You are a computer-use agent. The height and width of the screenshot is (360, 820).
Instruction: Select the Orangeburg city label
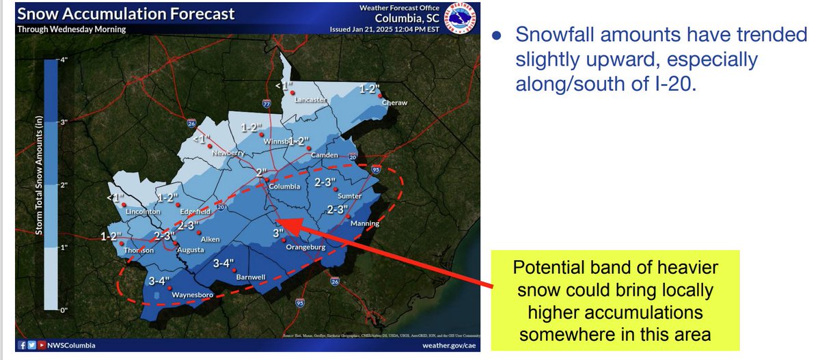(305, 247)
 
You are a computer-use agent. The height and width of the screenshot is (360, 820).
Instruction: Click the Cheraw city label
(394, 102)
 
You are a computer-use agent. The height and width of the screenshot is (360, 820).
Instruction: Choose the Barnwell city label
(250, 277)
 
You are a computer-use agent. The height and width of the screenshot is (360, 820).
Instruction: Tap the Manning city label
(364, 223)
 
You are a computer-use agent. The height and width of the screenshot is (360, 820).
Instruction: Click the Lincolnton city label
(143, 211)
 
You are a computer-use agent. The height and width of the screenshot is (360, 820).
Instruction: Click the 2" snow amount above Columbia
(261, 171)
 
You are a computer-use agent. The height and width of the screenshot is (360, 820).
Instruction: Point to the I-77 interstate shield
(266, 104)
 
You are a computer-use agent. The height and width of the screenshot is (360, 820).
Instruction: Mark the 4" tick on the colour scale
(65, 59)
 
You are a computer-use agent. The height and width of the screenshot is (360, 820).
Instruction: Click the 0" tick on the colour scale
(65, 310)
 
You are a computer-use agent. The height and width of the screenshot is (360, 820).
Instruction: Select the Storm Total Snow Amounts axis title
(39, 184)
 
